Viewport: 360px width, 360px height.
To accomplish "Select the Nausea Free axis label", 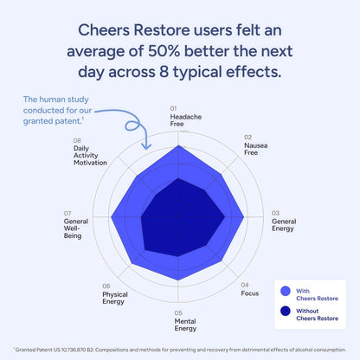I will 255,151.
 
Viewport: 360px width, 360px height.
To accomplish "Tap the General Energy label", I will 284,225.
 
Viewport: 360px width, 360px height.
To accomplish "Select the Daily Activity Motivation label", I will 90,155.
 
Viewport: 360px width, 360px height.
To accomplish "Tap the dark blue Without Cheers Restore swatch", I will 286,314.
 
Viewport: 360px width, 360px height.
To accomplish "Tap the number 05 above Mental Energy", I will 178,312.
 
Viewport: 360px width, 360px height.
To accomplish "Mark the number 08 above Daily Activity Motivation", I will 78,140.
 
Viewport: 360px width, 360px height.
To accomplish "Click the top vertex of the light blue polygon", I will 179,146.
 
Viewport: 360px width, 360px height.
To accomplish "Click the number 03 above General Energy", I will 275,213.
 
